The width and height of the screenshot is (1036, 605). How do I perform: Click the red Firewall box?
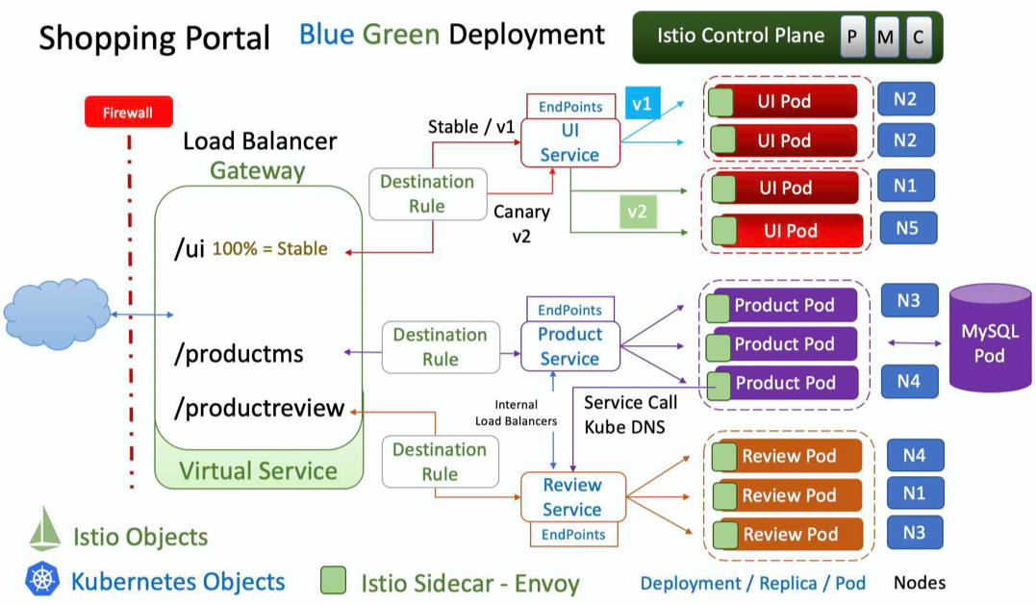point(128,113)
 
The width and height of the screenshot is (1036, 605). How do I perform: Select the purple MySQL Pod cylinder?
point(989,342)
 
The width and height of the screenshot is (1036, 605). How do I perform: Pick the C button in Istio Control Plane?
point(918,38)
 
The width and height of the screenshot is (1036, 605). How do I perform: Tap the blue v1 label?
point(642,104)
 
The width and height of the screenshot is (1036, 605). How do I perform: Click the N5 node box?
point(906,229)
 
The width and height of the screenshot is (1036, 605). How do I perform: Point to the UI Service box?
point(569,142)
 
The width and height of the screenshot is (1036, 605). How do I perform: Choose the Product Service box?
point(569,346)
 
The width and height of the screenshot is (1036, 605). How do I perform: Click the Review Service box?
point(572,497)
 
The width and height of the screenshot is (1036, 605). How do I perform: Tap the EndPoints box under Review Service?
point(573,535)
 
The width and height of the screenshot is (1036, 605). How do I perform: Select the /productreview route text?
point(259,408)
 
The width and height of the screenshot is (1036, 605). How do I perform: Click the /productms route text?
point(239,354)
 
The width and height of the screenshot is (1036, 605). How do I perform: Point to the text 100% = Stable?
point(269,249)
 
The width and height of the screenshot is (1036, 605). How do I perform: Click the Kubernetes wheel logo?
point(43,581)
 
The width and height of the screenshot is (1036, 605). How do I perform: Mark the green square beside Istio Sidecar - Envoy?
point(334,581)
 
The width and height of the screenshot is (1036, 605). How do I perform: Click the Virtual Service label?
point(258,470)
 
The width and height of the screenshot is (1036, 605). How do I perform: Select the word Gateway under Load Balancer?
point(258,171)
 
